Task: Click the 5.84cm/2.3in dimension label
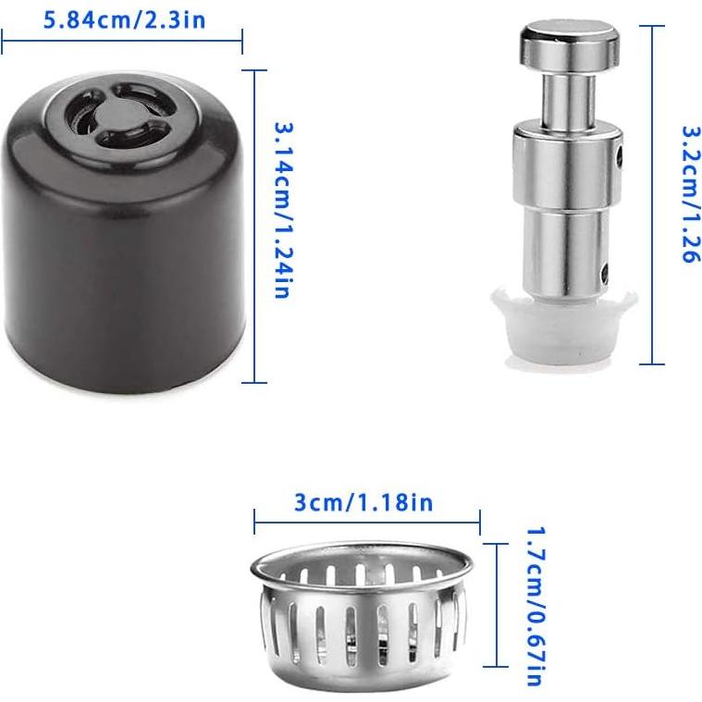tap(125, 19)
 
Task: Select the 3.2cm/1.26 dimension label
tap(689, 194)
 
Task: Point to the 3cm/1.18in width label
tap(363, 502)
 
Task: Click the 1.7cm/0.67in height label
tap(534, 606)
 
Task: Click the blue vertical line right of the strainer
tap(497, 606)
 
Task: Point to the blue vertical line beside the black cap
tap(254, 226)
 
